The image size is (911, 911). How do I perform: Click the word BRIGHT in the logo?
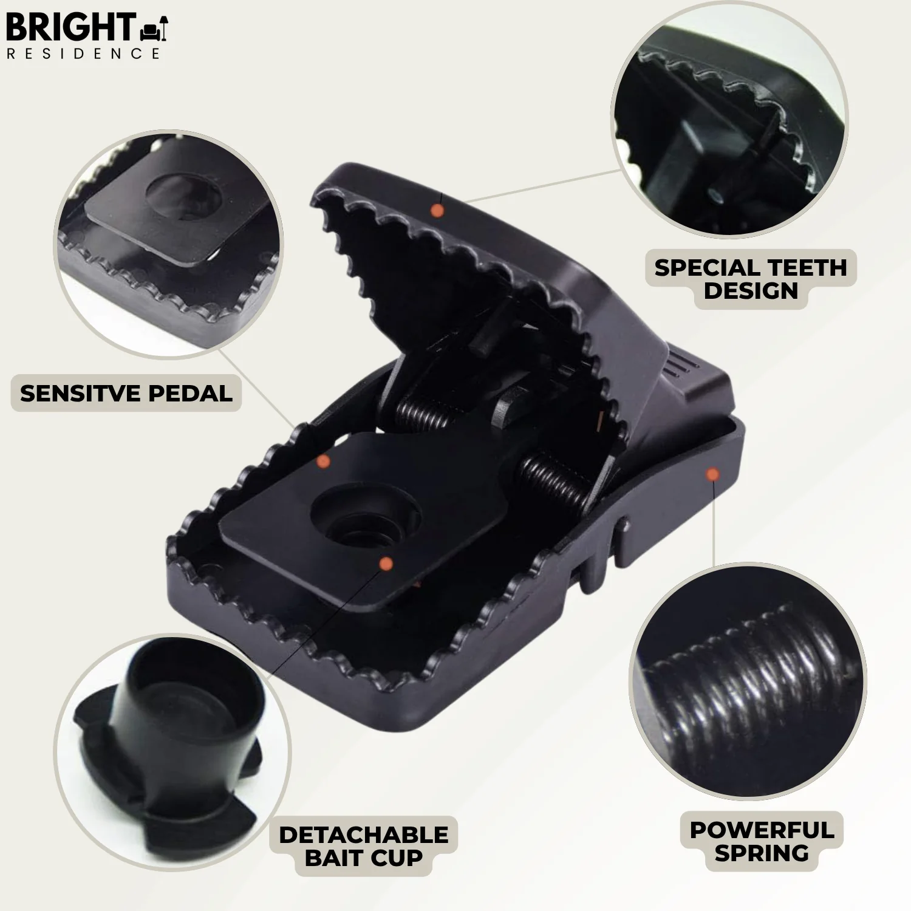coord(70,27)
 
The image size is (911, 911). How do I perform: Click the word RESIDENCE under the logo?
coord(83,53)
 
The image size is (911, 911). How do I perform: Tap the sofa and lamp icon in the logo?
coord(154,29)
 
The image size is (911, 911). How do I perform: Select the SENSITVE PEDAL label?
coord(126,394)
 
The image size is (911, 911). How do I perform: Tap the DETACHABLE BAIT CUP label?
coord(363,846)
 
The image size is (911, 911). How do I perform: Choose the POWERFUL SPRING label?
coord(762,841)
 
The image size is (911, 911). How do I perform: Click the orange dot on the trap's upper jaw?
coord(437,211)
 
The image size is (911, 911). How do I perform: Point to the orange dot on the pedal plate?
coord(324,462)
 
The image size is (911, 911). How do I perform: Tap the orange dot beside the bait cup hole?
coord(386,564)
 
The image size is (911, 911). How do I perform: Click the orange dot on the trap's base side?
coord(712,474)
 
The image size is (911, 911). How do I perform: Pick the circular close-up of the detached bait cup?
coord(173,753)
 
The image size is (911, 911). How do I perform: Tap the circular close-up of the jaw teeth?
coord(729,118)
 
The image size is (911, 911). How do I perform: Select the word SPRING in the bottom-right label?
coord(762,853)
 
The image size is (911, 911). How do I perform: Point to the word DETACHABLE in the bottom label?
coord(363,835)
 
